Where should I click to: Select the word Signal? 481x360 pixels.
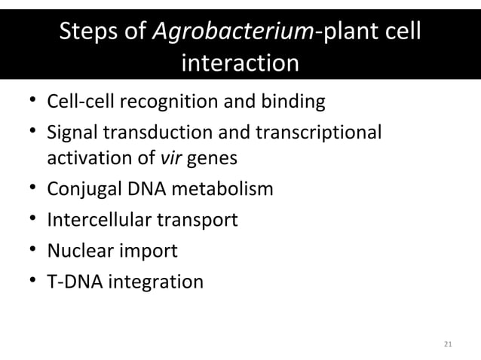point(73,132)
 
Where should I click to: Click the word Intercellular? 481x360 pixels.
point(97,219)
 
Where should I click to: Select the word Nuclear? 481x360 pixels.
point(78,250)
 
